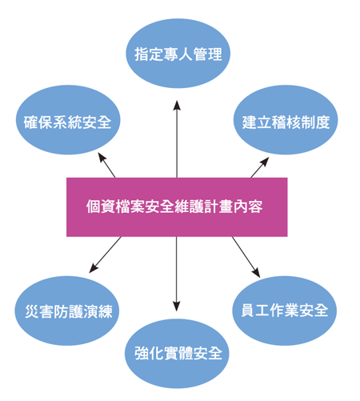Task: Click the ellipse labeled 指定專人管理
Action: pos(178,54)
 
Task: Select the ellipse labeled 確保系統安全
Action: pos(68,120)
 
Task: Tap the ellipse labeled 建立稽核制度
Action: pos(286,120)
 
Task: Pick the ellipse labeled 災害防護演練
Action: pos(67,311)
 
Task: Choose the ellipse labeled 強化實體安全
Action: pos(177,354)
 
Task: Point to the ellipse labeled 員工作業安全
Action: pos(285,311)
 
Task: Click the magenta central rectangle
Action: pos(177,207)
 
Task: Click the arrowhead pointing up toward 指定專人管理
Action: pos(177,106)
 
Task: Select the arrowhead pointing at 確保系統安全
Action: pos(102,157)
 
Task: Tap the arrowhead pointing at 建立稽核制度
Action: pos(265,162)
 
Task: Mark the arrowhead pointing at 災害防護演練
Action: pos(93,268)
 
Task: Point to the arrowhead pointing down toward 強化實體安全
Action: pos(176,307)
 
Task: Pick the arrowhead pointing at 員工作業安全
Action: pos(256,273)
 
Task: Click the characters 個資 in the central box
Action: pos(101,207)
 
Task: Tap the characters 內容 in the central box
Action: pos(248,207)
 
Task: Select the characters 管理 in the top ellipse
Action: pos(208,54)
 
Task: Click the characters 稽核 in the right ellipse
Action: pos(286,122)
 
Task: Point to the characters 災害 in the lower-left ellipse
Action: pos(39,311)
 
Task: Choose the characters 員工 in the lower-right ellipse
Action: pos(255,311)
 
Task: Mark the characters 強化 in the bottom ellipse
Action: pos(149,353)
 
